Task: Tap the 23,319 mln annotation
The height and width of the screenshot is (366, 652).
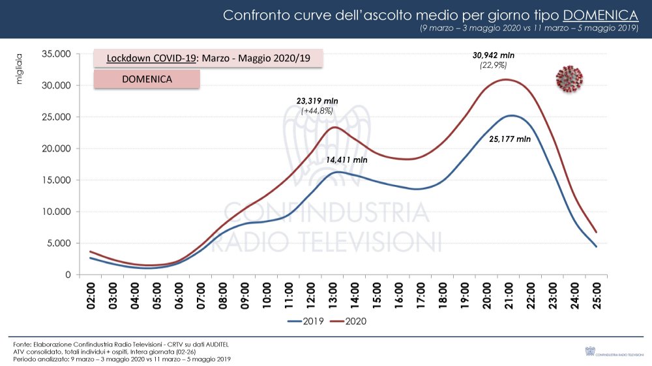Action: tap(318, 101)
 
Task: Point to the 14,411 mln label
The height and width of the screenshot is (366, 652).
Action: tap(346, 159)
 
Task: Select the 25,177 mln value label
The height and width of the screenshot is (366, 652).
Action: tap(511, 139)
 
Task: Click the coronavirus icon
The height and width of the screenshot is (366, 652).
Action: tap(569, 79)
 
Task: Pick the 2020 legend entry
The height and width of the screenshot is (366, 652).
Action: tap(351, 321)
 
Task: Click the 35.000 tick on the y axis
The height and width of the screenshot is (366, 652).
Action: tap(55, 54)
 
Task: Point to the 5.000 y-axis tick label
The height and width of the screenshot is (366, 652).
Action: tap(58, 244)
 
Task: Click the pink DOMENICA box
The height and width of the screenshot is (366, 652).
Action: tap(147, 79)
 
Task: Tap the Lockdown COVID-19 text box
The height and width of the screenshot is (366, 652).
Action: tap(208, 58)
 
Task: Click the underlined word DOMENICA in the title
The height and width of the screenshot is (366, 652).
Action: tap(600, 15)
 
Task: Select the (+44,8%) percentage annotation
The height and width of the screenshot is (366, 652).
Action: tap(318, 111)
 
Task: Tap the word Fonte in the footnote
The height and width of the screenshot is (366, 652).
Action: tap(22, 343)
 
